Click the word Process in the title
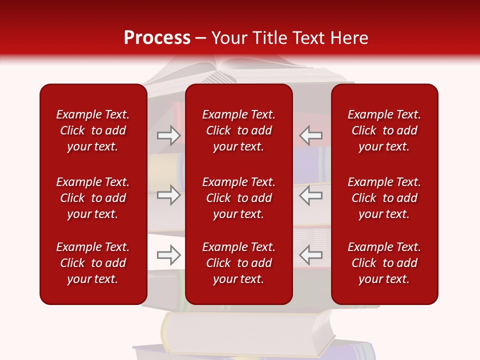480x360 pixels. click(157, 38)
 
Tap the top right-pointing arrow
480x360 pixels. click(168, 135)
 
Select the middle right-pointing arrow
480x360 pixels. click(168, 194)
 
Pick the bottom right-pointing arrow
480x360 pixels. click(168, 255)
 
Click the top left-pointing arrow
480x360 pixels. click(310, 135)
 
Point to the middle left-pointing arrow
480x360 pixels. click(310, 194)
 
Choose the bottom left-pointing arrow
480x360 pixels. click(310, 255)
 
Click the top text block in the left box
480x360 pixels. click(93, 130)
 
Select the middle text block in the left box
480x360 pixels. click(93, 198)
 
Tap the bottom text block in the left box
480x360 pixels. click(93, 263)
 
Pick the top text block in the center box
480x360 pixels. click(238, 130)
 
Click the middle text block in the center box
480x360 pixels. click(238, 198)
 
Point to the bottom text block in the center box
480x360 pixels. click(238, 263)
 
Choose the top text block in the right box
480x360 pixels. click(384, 130)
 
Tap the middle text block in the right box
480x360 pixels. click(384, 198)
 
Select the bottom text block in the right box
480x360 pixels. click(384, 263)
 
